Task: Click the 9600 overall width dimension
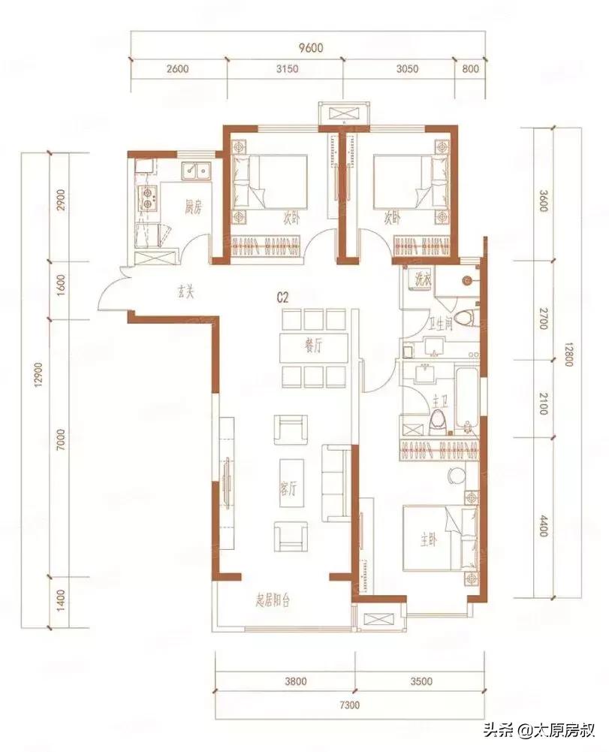[311, 47]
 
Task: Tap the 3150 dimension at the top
[287, 68]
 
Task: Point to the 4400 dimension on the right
[542, 525]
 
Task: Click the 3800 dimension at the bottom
[295, 681]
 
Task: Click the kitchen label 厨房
[193, 208]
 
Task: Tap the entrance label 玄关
[185, 292]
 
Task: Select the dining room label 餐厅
[313, 347]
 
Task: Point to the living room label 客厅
[288, 490]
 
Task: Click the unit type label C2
[283, 297]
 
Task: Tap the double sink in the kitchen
[196, 171]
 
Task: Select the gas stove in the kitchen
[148, 198]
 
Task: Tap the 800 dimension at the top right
[470, 68]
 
